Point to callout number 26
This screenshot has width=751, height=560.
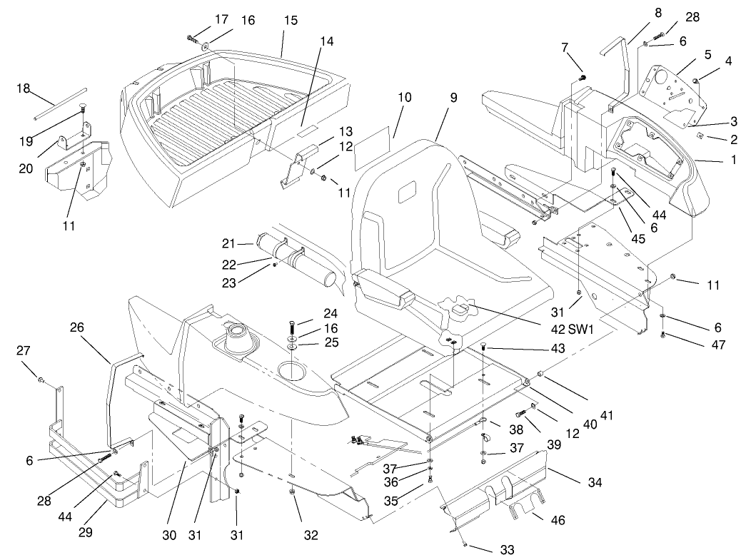77,327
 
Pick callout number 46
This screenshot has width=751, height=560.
558,521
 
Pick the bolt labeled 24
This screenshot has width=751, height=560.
293,328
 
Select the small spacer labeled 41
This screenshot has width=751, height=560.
541,372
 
